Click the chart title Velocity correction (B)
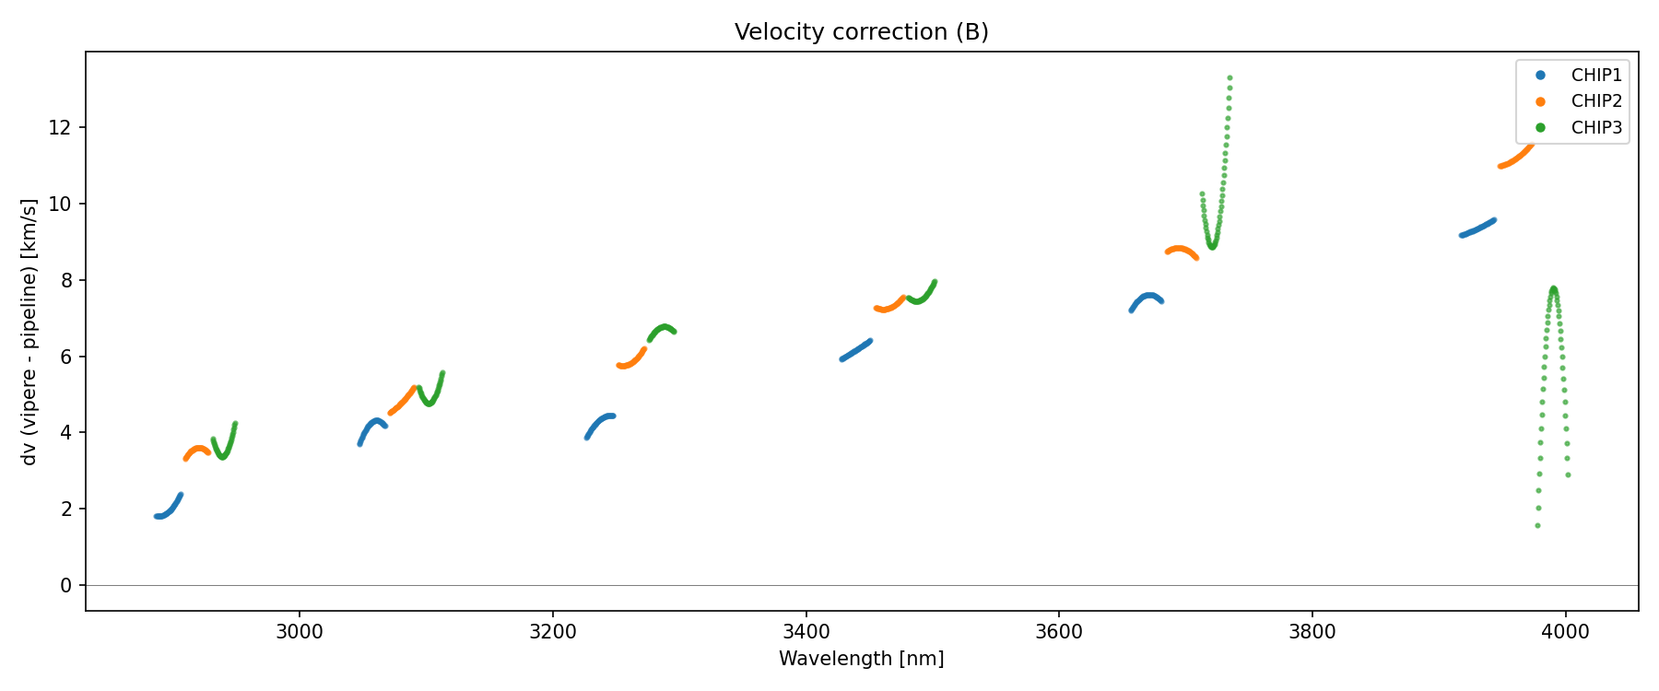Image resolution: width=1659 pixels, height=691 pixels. point(861,32)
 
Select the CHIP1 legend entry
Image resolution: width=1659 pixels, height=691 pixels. point(1596,76)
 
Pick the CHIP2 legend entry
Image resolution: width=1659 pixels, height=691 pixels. point(1596,101)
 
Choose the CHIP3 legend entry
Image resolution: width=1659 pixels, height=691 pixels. point(1596,128)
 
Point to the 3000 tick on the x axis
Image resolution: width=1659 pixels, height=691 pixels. point(300,632)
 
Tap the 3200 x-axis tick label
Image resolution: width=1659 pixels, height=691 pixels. point(553,632)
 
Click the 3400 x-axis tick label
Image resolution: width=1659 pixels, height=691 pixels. point(806,632)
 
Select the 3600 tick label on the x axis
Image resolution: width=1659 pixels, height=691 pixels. point(1059,632)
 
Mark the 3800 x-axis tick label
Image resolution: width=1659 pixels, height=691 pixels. point(1312,632)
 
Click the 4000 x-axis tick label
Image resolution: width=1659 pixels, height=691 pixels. point(1565,632)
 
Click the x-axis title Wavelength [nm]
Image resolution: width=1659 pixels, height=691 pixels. point(861,659)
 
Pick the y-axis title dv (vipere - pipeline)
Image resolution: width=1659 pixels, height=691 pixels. point(29,332)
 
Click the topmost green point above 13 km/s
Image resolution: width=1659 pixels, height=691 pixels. point(1230,78)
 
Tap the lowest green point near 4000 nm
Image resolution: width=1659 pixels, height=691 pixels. point(1537,525)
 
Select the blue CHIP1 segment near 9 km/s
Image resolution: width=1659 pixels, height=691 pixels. point(1477,228)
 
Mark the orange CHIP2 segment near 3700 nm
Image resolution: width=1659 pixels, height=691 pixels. point(1182,251)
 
